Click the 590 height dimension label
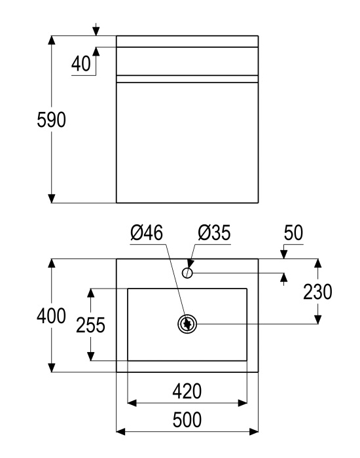click(x=52, y=120)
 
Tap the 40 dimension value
click(x=81, y=63)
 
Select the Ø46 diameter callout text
click(x=147, y=232)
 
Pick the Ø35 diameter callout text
click(x=214, y=232)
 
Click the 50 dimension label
click(x=293, y=232)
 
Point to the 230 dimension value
click(x=317, y=292)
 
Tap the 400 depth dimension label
click(x=52, y=316)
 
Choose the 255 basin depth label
click(x=90, y=325)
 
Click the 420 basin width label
click(x=187, y=391)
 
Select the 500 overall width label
click(x=187, y=420)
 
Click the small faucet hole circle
click(x=187, y=273)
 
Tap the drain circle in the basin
click(x=187, y=324)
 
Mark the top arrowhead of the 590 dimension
click(x=52, y=40)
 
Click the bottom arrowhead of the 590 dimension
click(x=52, y=198)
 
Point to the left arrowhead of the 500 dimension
click(x=120, y=431)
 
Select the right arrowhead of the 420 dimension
click(x=243, y=403)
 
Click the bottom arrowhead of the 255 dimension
click(x=91, y=356)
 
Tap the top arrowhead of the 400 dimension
click(x=52, y=263)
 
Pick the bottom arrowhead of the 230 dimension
click(x=318, y=319)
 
